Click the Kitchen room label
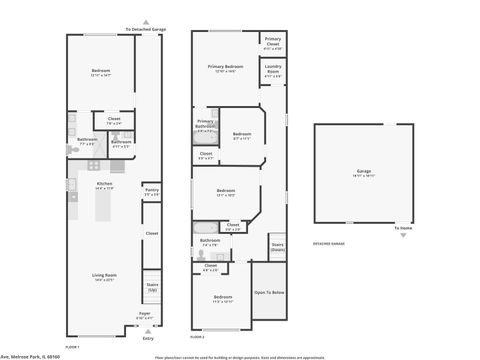coord(103,185)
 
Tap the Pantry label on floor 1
coord(152,190)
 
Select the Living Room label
coord(103,278)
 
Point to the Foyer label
coord(144,316)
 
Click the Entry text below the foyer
coord(149,339)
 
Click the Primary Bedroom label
coord(226,68)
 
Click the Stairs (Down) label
coord(277,245)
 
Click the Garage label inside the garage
coord(363,172)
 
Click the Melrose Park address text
coord(29,355)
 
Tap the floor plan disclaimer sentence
coord(240,355)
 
